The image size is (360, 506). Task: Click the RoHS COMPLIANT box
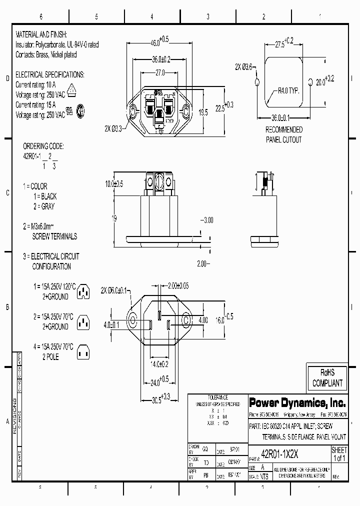tap(327, 378)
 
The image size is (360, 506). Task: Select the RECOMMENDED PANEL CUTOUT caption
tap(283, 134)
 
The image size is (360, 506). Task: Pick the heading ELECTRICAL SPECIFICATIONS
tap(50, 74)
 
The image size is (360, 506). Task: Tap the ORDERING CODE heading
tap(43, 146)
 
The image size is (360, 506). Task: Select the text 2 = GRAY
tap(44, 206)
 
